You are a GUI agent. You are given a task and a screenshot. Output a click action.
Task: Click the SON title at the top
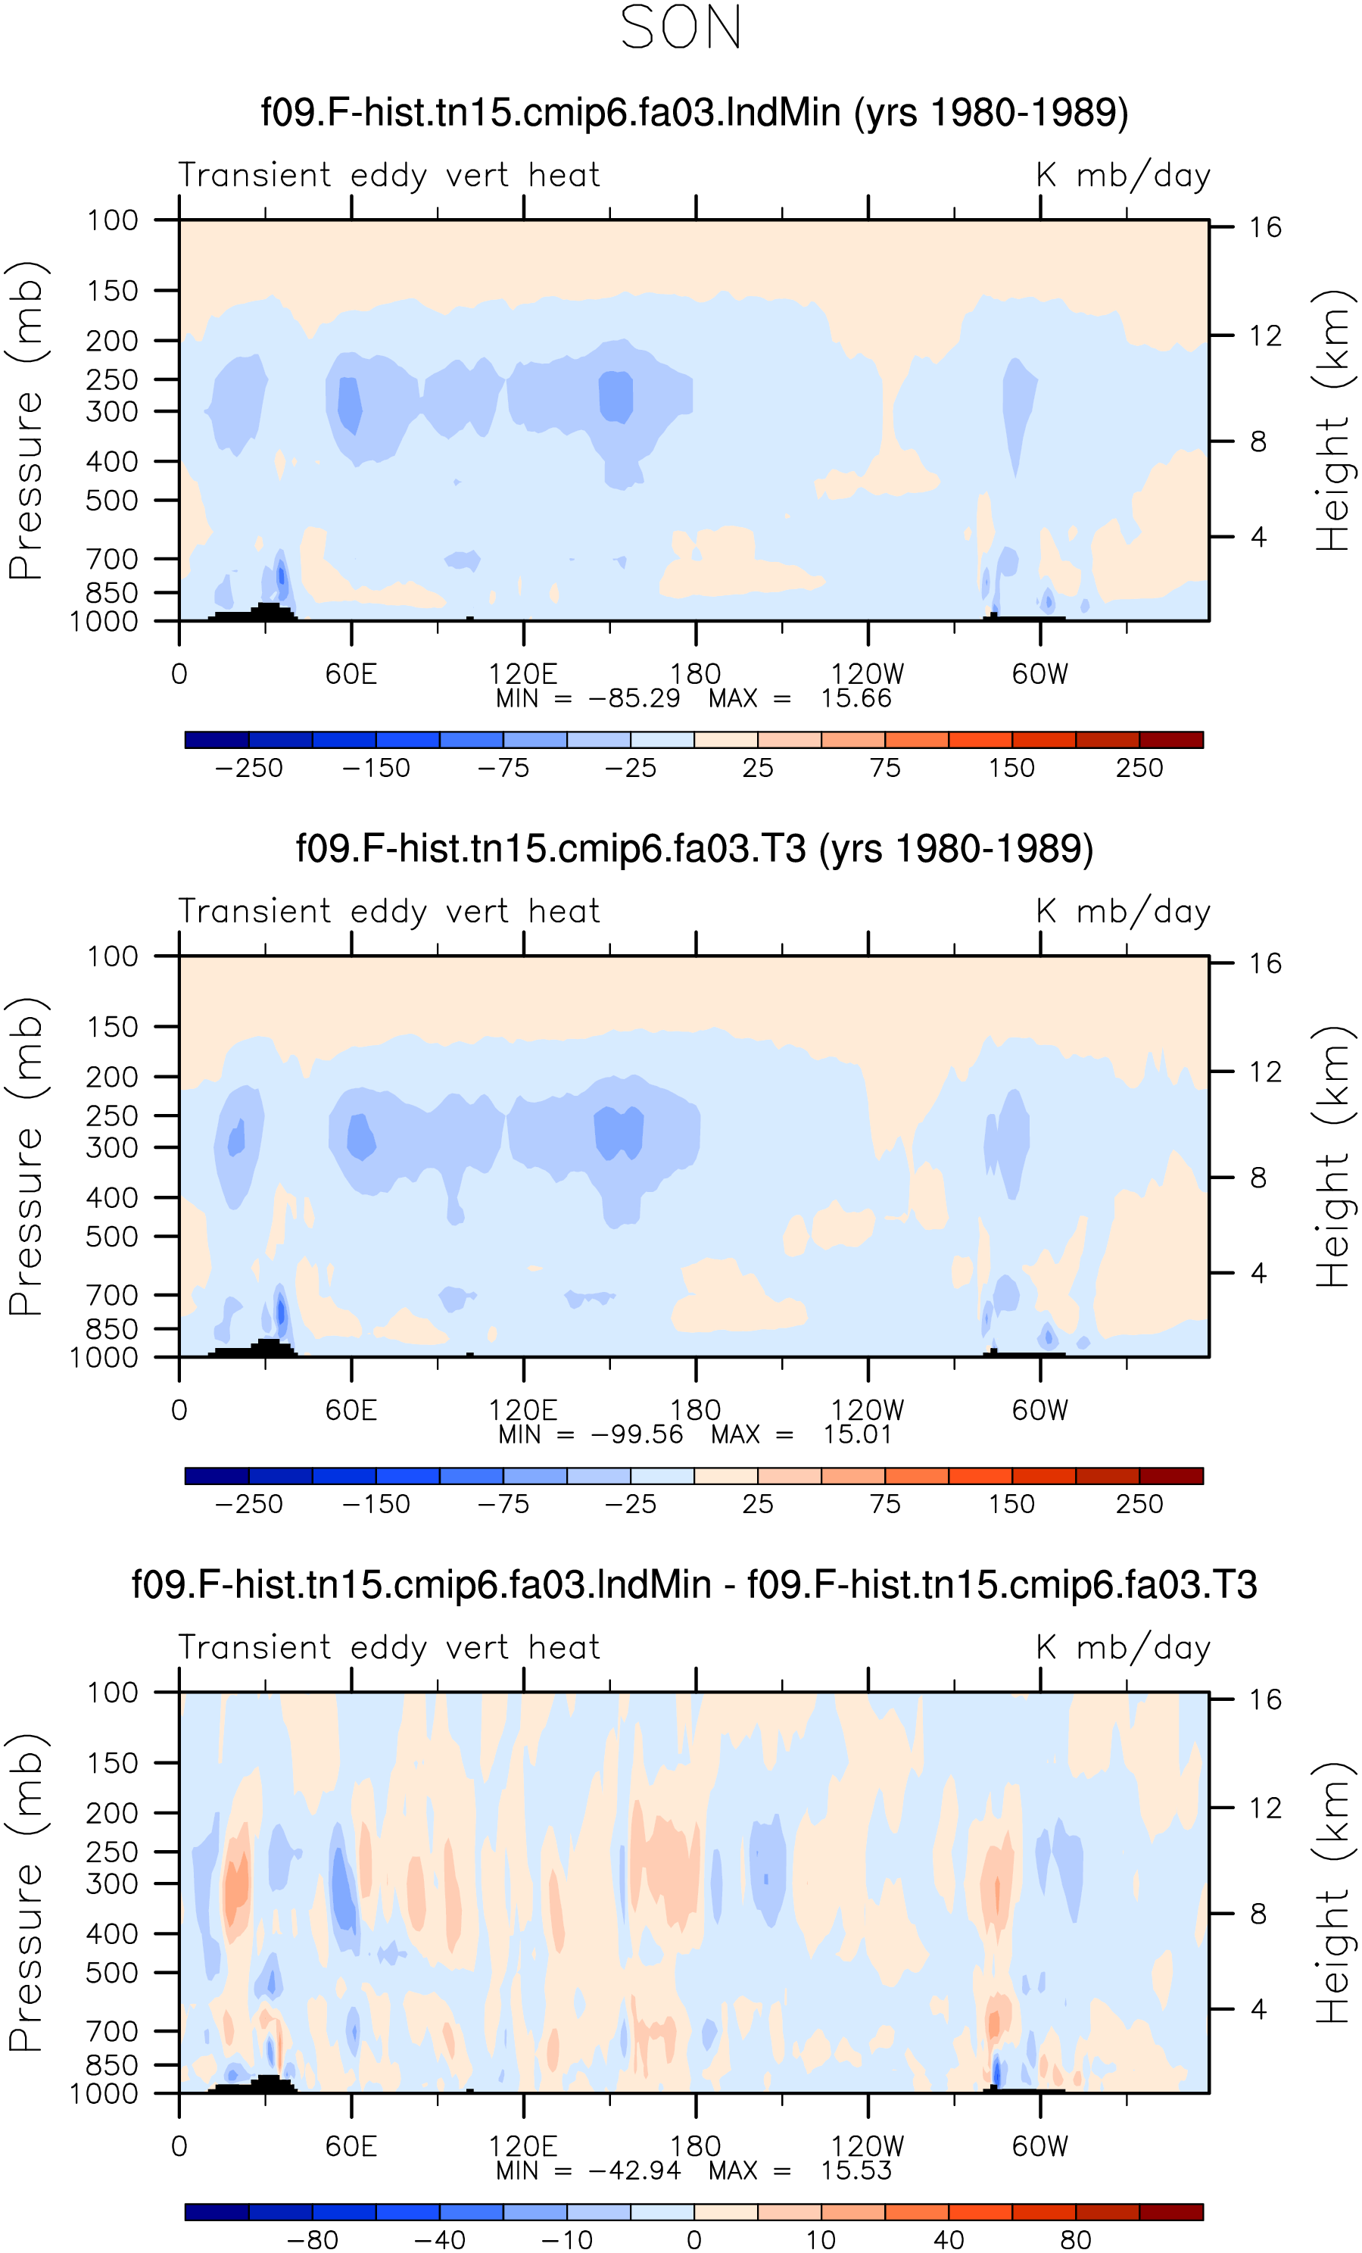pos(681,27)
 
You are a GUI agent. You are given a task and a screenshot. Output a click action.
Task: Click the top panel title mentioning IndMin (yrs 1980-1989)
pos(695,113)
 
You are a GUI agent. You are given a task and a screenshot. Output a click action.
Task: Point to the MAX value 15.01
pos(856,1434)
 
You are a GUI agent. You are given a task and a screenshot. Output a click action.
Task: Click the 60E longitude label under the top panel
pos(351,674)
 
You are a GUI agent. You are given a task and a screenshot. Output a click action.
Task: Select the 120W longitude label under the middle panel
pos(867,1410)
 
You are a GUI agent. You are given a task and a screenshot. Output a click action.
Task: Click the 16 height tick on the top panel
pos(1265,226)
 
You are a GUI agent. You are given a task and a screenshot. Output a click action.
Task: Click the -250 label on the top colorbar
pos(248,767)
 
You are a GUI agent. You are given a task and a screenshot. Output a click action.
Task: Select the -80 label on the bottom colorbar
pos(313,2239)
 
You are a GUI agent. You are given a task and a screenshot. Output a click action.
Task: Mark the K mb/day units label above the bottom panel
pos(1124,1648)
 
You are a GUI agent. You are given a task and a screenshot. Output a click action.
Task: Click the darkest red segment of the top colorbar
pos(1171,740)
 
